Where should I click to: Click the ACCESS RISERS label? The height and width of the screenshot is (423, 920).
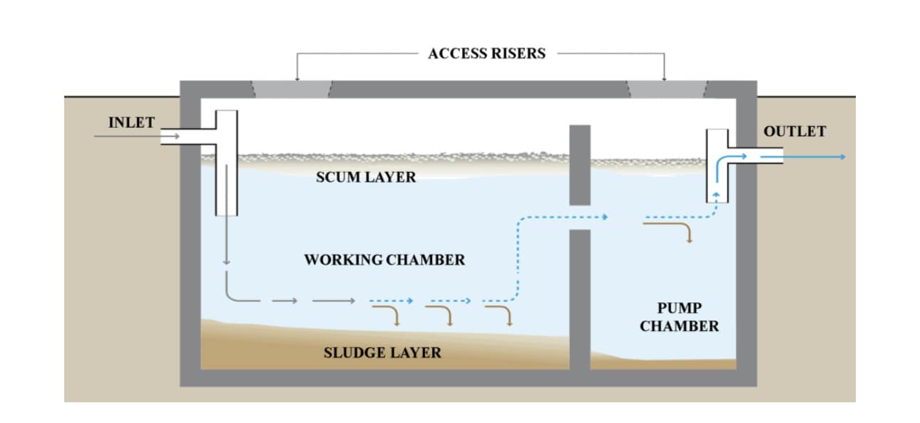point(486,53)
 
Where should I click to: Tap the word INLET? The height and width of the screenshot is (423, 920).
point(131,123)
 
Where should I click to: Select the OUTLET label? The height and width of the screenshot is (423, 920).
point(794,131)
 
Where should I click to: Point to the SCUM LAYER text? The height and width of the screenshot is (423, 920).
point(365,177)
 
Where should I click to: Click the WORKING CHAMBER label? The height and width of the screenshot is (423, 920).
point(384,260)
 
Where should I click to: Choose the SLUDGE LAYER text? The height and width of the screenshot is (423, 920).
point(382,352)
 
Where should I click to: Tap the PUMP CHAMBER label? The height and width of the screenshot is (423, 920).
point(679,317)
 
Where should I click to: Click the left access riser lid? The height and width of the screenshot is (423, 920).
point(292,89)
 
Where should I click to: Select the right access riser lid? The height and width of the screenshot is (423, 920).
point(667,89)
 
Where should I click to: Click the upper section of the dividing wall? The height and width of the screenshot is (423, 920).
point(580,164)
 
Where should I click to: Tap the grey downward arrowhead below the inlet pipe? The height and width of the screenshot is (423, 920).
point(226,263)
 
